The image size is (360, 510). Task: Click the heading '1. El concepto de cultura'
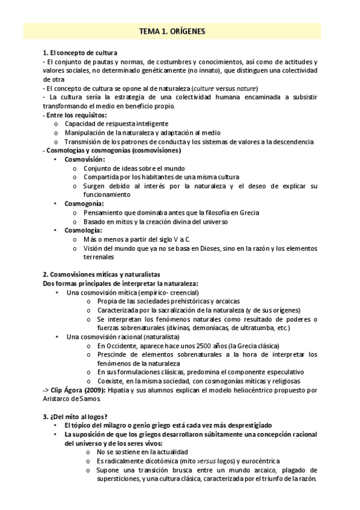click(x=81, y=53)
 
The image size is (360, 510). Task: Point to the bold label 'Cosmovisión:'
click(x=85, y=159)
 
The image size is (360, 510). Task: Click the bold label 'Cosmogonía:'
click(x=84, y=203)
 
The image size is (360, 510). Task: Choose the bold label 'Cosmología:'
click(x=84, y=230)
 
